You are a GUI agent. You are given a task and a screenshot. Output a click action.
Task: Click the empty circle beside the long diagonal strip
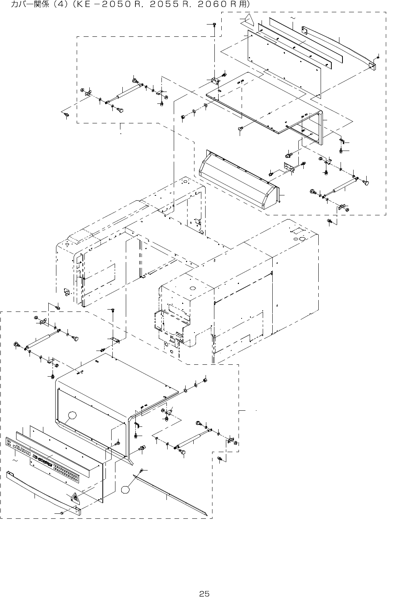pyautogui.click(x=126, y=489)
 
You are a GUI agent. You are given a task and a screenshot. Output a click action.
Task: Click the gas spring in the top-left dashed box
pyautogui.click(x=125, y=93)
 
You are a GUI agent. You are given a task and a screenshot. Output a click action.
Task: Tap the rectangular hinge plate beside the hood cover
pyautogui.click(x=288, y=167)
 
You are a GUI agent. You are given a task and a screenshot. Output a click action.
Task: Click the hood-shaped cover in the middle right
pyautogui.click(x=238, y=180)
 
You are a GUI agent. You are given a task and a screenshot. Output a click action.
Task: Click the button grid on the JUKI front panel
pyautogui.click(x=67, y=471)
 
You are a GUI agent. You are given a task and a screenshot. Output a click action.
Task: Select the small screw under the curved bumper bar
pyautogui.click(x=61, y=513)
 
